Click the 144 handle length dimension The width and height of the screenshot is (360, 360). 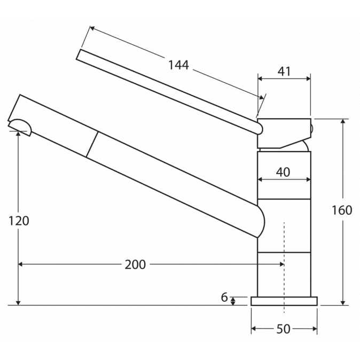(x=178, y=65)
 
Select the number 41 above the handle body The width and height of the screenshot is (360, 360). (x=284, y=72)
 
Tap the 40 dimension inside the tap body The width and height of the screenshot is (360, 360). (x=283, y=172)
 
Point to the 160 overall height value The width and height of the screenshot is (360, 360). (x=342, y=210)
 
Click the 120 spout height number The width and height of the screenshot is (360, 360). (x=19, y=221)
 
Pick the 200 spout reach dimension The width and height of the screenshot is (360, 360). (x=135, y=264)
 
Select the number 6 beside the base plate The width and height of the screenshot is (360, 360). (x=224, y=298)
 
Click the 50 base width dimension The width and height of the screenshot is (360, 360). (x=283, y=329)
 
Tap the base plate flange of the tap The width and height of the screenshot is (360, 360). (x=284, y=301)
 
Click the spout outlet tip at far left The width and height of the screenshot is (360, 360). (x=20, y=128)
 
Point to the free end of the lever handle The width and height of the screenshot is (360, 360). (x=79, y=54)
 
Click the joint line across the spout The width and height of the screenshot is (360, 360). (x=92, y=144)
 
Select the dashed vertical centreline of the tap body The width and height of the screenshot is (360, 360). (x=284, y=268)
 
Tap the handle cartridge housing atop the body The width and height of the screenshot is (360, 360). (x=284, y=134)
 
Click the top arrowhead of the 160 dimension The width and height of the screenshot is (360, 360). (x=343, y=121)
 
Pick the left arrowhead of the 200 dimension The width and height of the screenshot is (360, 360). (x=20, y=264)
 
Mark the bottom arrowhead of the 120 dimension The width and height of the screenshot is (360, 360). (x=18, y=303)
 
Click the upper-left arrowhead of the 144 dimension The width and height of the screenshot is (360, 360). (x=92, y=28)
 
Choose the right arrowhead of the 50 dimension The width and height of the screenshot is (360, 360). (x=315, y=329)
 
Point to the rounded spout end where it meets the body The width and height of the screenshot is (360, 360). (x=262, y=221)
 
